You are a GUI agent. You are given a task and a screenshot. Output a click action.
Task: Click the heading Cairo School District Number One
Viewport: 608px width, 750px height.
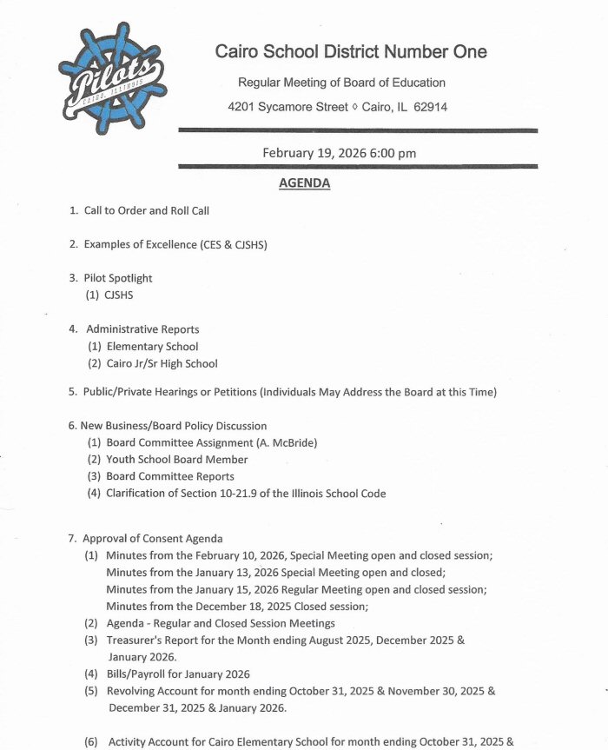click(351, 51)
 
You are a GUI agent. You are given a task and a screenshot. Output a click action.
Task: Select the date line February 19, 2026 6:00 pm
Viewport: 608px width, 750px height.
click(339, 153)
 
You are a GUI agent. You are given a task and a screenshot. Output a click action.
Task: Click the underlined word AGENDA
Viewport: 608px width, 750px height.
click(304, 183)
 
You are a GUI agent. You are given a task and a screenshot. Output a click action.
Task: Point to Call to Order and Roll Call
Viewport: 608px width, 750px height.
click(146, 210)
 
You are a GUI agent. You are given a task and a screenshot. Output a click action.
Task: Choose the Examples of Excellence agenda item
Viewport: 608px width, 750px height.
click(175, 244)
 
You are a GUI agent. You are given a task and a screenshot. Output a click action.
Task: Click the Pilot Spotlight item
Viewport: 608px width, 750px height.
click(118, 278)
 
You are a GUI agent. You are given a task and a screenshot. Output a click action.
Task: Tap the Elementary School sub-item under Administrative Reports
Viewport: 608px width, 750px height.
click(152, 347)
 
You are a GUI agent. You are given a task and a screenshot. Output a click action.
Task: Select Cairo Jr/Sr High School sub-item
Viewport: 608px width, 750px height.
click(162, 363)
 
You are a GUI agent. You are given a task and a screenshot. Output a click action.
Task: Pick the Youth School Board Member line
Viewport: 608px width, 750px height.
click(177, 459)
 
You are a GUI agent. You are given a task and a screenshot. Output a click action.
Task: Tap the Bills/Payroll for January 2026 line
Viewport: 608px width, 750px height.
click(178, 674)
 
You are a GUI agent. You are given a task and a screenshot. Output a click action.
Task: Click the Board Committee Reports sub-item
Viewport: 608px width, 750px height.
click(170, 476)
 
